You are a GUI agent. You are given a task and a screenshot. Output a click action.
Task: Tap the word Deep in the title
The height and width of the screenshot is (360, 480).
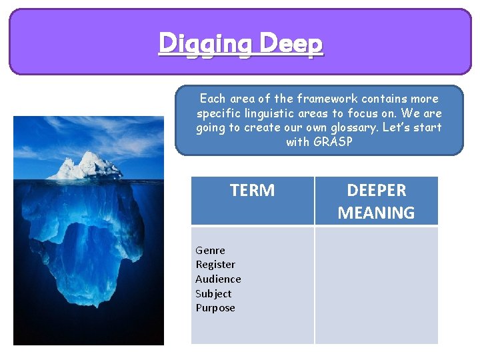291,43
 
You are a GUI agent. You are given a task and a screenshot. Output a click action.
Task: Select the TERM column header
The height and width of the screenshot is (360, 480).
252,191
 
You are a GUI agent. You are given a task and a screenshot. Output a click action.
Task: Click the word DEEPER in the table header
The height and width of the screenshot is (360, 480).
377,191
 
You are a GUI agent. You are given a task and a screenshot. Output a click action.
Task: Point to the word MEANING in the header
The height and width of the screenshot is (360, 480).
377,213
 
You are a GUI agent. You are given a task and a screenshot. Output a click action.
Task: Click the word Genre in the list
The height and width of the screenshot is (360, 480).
210,251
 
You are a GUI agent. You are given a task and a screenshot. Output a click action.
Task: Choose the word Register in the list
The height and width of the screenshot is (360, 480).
215,265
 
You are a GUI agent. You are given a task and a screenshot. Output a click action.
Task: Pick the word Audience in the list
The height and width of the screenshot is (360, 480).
218,279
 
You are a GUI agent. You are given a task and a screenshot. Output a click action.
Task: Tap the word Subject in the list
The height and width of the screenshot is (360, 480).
213,293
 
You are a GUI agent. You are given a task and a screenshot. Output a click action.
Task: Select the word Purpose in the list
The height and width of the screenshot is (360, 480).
215,308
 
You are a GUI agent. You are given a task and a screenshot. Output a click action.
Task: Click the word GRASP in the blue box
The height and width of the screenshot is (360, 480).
333,142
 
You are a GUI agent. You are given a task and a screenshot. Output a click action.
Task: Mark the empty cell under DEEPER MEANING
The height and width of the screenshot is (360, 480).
377,285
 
